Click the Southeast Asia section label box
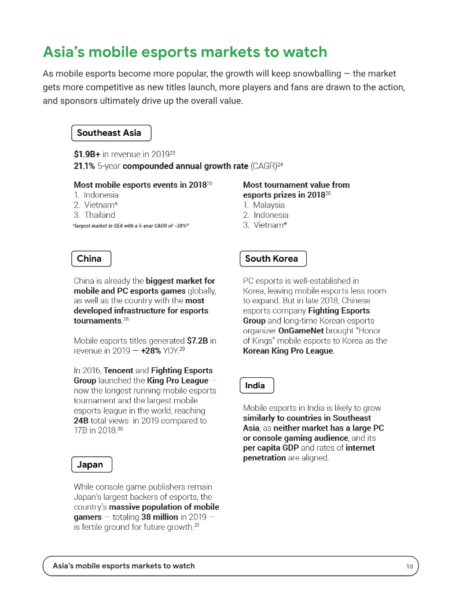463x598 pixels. [x=111, y=133]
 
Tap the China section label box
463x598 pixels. [x=90, y=259]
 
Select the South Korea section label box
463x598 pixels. [x=272, y=259]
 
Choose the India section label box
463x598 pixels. [x=256, y=385]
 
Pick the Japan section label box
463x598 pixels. [x=91, y=465]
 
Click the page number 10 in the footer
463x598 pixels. [x=409, y=566]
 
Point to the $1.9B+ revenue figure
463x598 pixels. [x=87, y=155]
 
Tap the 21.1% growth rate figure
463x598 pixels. [x=84, y=166]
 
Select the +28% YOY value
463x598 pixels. [x=153, y=351]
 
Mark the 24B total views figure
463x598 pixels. [x=81, y=421]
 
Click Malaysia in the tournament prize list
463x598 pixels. [x=269, y=205]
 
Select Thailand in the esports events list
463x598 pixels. [x=100, y=215]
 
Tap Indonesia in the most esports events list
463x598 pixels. [x=101, y=195]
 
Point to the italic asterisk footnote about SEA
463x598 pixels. [x=131, y=225]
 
